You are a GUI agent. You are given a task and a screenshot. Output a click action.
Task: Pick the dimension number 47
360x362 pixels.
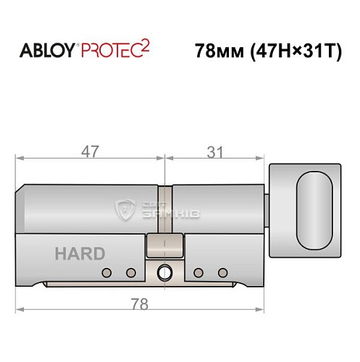point(91,152)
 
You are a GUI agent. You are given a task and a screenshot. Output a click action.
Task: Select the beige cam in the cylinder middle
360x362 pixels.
point(164,245)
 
